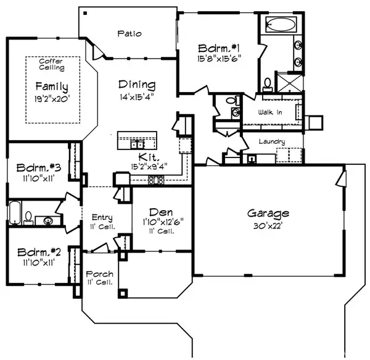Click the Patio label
click(131, 34)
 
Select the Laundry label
click(272, 141)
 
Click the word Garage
click(268, 214)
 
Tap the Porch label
click(98, 274)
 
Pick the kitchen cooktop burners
click(155, 180)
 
